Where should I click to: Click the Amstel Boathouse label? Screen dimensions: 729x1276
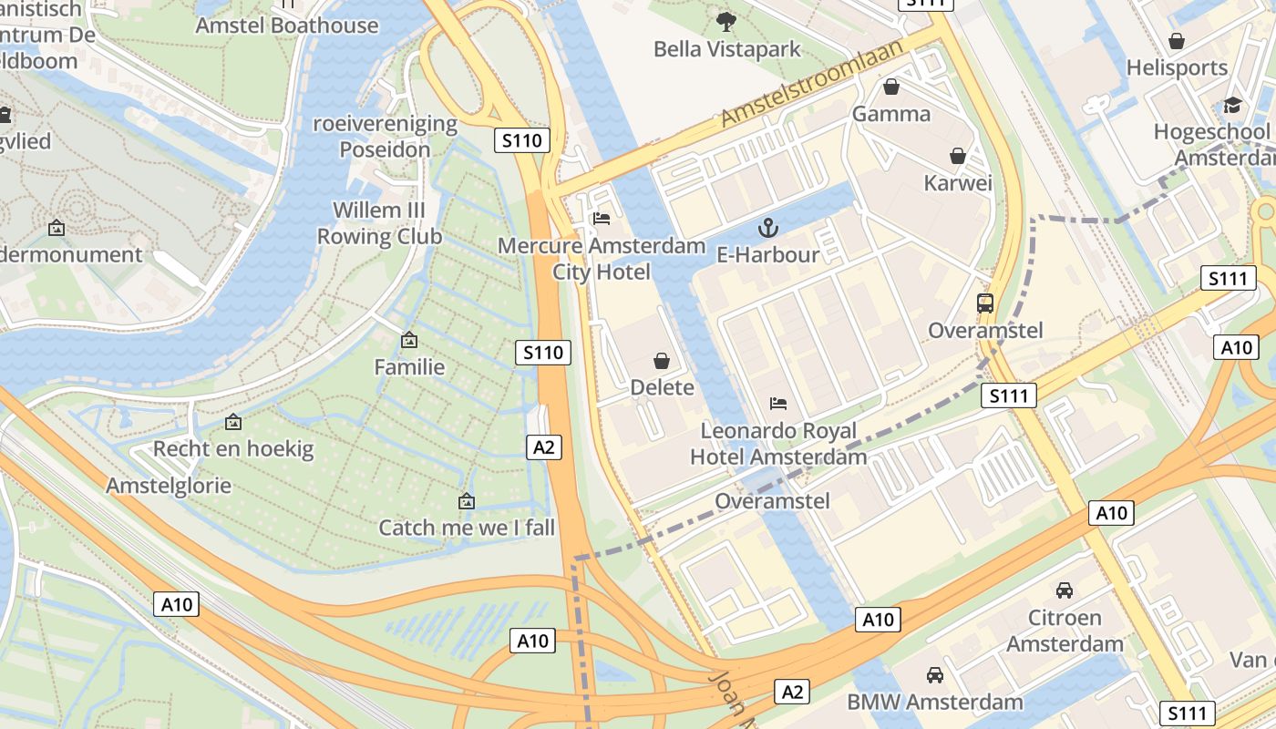pyautogui.click(x=287, y=26)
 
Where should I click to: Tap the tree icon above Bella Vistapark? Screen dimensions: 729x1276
pyautogui.click(x=726, y=21)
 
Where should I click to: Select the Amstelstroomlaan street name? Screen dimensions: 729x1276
pyautogui.click(x=811, y=82)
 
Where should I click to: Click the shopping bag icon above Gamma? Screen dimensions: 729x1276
pyautogui.click(x=891, y=87)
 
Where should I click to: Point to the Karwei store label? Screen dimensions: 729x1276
pyautogui.click(x=958, y=183)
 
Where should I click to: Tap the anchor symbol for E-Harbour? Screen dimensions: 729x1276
pyautogui.click(x=768, y=227)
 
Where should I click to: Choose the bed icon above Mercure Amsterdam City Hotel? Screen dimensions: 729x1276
pyautogui.click(x=602, y=218)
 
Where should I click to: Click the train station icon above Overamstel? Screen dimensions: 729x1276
pyautogui.click(x=985, y=303)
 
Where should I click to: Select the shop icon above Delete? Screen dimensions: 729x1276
pyautogui.click(x=662, y=361)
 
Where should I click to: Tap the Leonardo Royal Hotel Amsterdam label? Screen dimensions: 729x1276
pyautogui.click(x=778, y=443)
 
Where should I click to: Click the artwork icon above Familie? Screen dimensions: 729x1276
pyautogui.click(x=409, y=341)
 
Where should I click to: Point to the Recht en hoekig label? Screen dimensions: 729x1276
pyautogui.click(x=233, y=448)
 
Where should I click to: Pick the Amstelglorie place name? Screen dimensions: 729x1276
pyautogui.click(x=169, y=485)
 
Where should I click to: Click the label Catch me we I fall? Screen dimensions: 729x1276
pyautogui.click(x=467, y=528)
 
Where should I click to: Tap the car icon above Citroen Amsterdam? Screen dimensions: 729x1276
pyautogui.click(x=1065, y=590)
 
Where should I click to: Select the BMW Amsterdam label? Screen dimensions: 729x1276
pyautogui.click(x=935, y=702)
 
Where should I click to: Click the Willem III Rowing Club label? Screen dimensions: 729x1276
pyautogui.click(x=379, y=223)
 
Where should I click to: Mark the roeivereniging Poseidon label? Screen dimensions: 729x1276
pyautogui.click(x=385, y=136)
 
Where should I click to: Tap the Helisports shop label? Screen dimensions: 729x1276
pyautogui.click(x=1178, y=67)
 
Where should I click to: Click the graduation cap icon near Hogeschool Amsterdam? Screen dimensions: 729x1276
pyautogui.click(x=1232, y=105)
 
